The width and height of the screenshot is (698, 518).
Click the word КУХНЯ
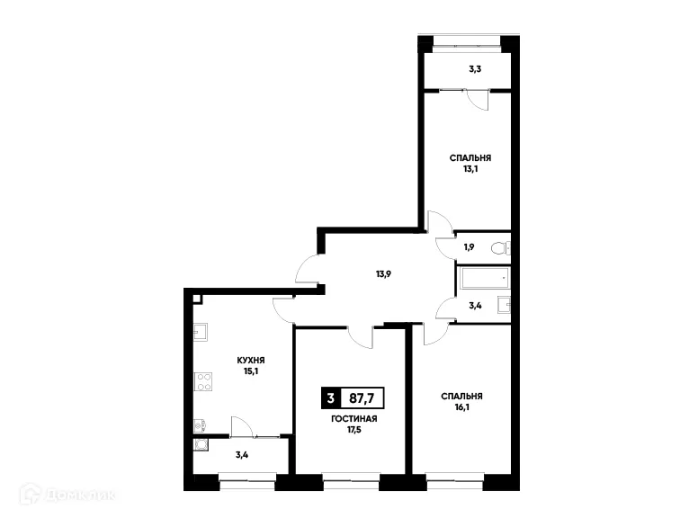(250, 360)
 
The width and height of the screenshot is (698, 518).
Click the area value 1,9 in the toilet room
(469, 247)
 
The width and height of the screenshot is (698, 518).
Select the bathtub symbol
(483, 279)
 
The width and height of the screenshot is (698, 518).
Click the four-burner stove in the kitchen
(203, 381)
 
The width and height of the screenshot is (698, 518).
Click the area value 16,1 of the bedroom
(461, 407)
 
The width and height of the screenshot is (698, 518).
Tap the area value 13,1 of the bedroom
(470, 168)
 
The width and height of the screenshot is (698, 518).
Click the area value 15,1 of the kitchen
(250, 371)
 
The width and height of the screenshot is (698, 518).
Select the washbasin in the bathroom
(506, 306)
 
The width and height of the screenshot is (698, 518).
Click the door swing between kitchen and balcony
(241, 426)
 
